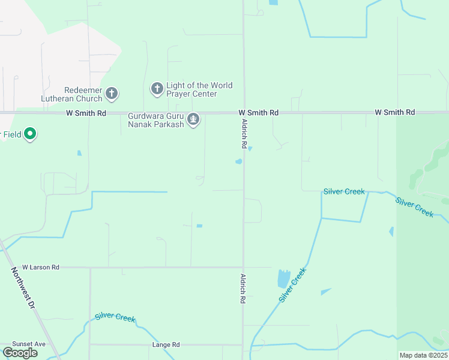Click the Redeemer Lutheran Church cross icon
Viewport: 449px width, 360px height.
point(112,93)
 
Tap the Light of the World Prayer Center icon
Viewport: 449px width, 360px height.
point(157,89)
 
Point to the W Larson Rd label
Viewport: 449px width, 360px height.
point(41,266)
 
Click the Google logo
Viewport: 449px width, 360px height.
point(20,353)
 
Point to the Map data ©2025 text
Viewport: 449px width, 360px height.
point(423,355)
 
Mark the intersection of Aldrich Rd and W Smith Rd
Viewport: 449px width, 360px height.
point(243,112)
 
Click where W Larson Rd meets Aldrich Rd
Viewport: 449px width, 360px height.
point(243,267)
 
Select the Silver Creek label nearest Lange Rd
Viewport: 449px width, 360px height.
point(115,318)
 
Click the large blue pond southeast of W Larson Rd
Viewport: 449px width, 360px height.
point(283,278)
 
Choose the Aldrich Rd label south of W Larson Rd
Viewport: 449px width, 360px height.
point(244,288)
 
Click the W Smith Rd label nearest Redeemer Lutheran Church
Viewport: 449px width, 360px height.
point(86,113)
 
